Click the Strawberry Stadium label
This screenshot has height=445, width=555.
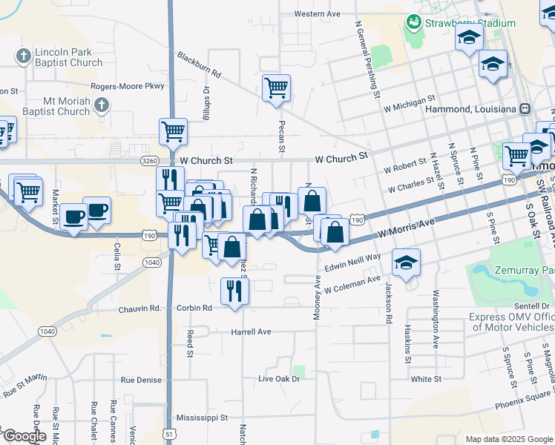[x=470, y=23]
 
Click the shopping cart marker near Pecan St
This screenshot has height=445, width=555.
[x=276, y=88]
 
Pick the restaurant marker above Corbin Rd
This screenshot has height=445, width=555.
[x=235, y=291]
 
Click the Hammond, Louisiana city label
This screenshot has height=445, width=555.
[x=471, y=109]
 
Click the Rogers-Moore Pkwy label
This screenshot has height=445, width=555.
[x=128, y=86]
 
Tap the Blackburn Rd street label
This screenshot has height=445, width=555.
[x=199, y=65]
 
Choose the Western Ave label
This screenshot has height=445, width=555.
[x=317, y=13]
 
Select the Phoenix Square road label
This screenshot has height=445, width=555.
[x=525, y=398]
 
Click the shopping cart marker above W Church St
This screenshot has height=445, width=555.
[x=173, y=132]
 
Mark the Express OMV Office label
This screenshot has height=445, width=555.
[x=511, y=322]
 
